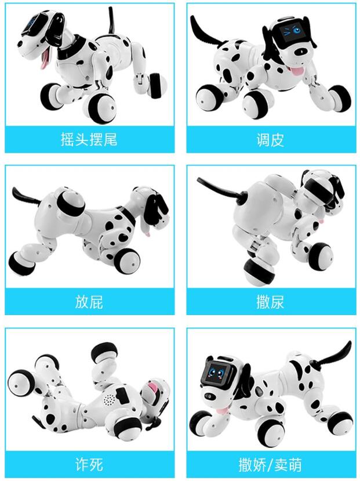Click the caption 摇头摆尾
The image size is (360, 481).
[x=89, y=140]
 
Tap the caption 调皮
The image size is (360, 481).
[x=270, y=140]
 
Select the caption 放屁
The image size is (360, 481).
[x=89, y=302]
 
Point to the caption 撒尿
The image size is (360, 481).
[x=270, y=302]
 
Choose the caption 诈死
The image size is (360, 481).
[x=89, y=464]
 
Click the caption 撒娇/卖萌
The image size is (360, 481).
[x=270, y=464]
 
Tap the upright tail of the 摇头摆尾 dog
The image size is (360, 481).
[x=111, y=20]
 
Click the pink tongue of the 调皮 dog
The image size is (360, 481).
[x=297, y=71]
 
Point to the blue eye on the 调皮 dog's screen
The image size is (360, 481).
[x=297, y=30]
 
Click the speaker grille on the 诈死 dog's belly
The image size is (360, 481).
[x=110, y=399]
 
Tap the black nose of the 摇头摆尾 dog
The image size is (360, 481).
[x=20, y=44]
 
